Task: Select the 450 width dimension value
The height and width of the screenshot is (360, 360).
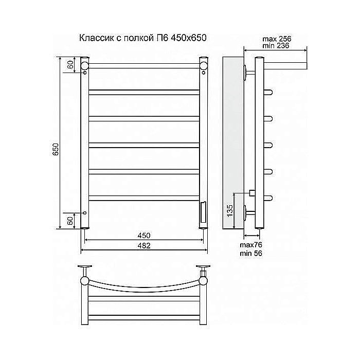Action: tap(144, 235)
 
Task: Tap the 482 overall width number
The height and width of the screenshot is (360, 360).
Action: tap(145, 246)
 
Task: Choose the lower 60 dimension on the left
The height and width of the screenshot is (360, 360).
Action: tap(68, 221)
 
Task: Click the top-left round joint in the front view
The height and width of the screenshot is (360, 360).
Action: tap(85, 65)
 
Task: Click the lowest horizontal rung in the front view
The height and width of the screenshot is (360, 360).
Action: tap(145, 196)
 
